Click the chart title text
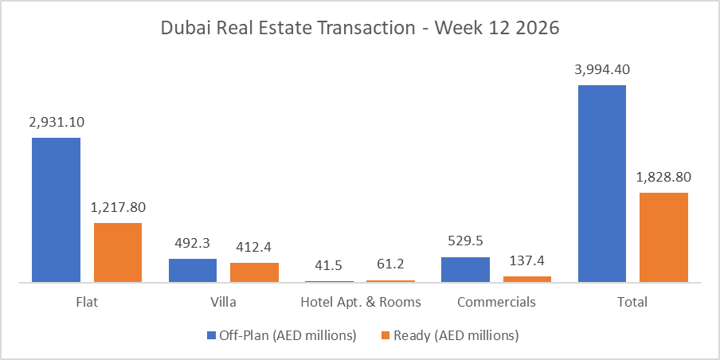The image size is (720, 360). click(360, 28)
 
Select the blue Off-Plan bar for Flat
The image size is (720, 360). click(56, 209)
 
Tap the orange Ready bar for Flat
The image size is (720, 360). click(118, 252)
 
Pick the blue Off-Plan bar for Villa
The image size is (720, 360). click(192, 270)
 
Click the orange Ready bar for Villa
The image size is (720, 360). click(254, 272)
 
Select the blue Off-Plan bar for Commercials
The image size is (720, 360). click(465, 269)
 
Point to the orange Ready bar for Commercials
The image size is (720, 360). click(526, 279)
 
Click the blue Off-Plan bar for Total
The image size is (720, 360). click(601, 183)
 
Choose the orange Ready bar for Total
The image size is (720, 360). click(663, 237)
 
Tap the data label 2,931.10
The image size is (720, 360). click(56, 123)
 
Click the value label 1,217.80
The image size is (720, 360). click(118, 207)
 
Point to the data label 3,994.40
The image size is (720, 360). click(601, 69)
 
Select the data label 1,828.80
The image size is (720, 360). click(663, 177)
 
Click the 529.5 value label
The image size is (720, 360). click(465, 241)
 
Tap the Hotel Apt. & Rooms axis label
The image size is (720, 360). click(360, 303)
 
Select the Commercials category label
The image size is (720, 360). click(496, 303)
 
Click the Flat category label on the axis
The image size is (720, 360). click(87, 303)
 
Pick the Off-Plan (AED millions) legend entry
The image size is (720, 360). click(281, 335)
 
